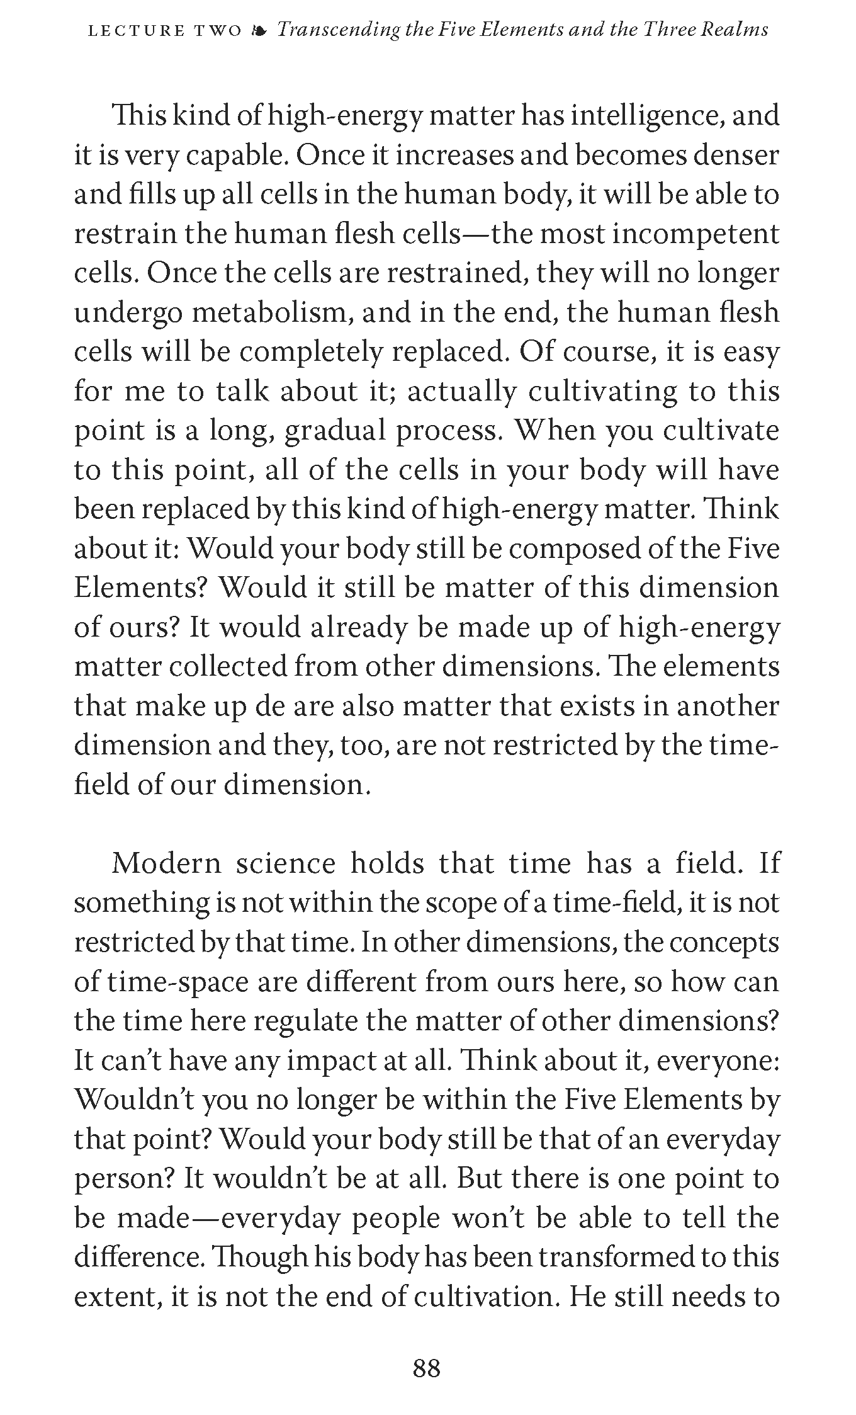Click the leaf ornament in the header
pyautogui.click(x=259, y=30)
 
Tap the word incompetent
pyautogui.click(x=695, y=234)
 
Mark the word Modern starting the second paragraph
pyautogui.click(x=166, y=863)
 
